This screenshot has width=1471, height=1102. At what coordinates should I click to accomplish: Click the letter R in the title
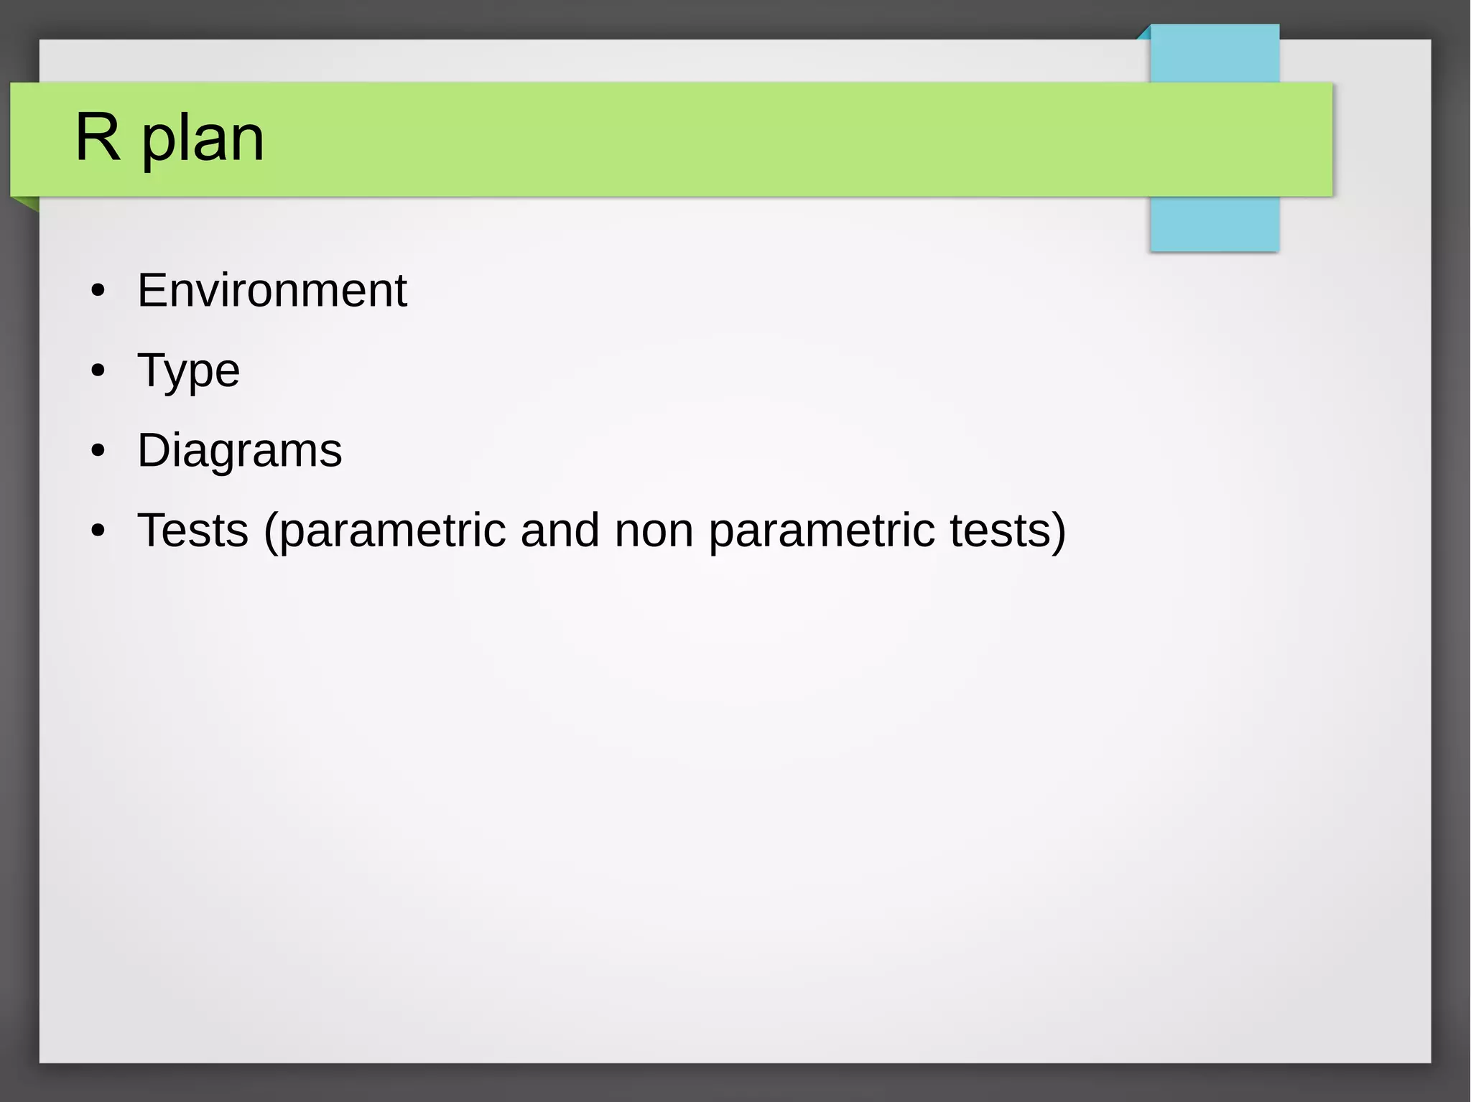[97, 137]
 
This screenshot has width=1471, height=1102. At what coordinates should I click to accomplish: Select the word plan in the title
[203, 140]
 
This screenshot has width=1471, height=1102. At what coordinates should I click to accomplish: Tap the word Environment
[272, 291]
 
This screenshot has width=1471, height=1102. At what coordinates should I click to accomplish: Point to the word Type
[188, 372]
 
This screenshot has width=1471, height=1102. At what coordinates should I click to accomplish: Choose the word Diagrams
[239, 451]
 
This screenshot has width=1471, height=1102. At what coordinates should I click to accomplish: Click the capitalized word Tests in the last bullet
[192, 531]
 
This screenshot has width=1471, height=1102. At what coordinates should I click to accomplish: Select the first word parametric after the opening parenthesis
[392, 532]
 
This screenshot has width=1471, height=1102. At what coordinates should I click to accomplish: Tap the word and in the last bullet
[560, 531]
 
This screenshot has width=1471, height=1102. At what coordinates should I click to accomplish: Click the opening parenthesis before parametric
[270, 532]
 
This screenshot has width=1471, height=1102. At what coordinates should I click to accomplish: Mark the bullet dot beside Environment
[98, 291]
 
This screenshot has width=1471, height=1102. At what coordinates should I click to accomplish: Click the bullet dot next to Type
[98, 371]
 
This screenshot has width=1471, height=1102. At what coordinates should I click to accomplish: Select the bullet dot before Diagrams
[98, 452]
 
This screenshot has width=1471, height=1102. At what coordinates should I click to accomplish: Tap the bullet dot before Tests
[98, 531]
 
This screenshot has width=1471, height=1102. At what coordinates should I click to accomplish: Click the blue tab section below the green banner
[1215, 223]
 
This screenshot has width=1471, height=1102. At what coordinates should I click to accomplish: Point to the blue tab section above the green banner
[1215, 54]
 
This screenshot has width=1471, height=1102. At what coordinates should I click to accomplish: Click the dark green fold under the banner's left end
[27, 203]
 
